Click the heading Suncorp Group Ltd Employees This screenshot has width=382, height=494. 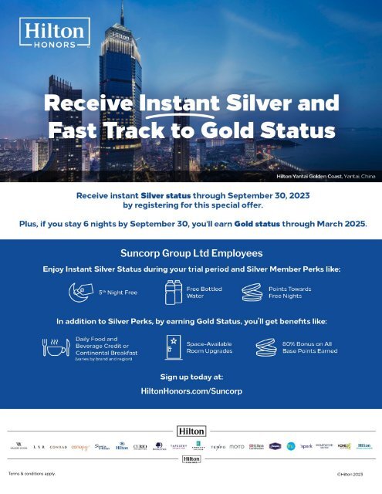point(191,253)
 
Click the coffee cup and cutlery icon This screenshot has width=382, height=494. point(53,348)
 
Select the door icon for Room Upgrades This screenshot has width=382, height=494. point(174,347)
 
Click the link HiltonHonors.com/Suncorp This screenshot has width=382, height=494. point(191,392)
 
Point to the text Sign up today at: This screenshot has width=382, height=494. point(191,378)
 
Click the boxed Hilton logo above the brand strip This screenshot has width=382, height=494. point(191,430)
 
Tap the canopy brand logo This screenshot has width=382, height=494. point(80,446)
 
